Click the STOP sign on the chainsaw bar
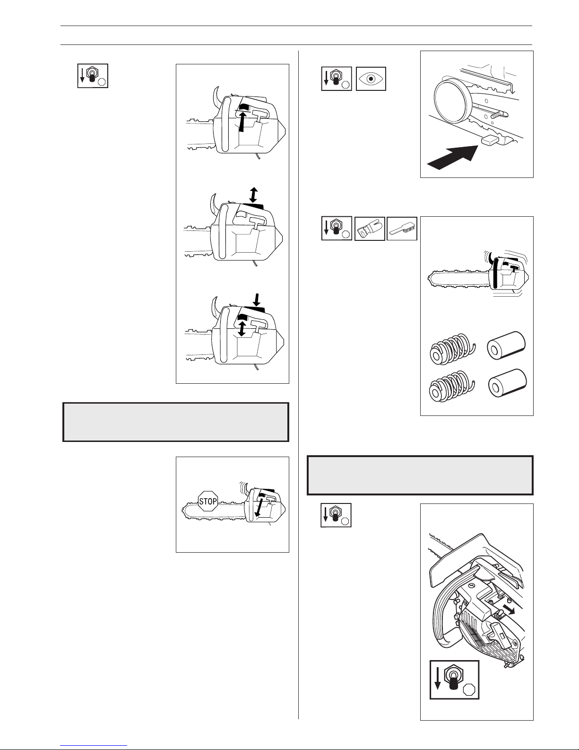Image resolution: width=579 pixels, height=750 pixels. coord(208,501)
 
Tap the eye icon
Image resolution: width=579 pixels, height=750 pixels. coord(371,79)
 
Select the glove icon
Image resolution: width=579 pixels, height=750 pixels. coord(370,229)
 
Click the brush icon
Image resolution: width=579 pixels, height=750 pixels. coord(402,229)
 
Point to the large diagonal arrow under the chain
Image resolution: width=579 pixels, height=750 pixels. coord(452,158)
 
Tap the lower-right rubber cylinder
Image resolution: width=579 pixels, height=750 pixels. coord(507,383)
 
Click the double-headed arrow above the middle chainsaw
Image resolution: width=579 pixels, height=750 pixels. coord(253,195)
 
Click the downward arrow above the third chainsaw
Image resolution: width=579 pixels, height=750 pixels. coord(256,299)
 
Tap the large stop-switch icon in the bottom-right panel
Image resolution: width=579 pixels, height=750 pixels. coord(454,679)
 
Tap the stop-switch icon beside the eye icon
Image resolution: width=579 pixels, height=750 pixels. coord(337,79)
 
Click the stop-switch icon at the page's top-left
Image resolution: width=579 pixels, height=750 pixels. coord(93,76)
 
